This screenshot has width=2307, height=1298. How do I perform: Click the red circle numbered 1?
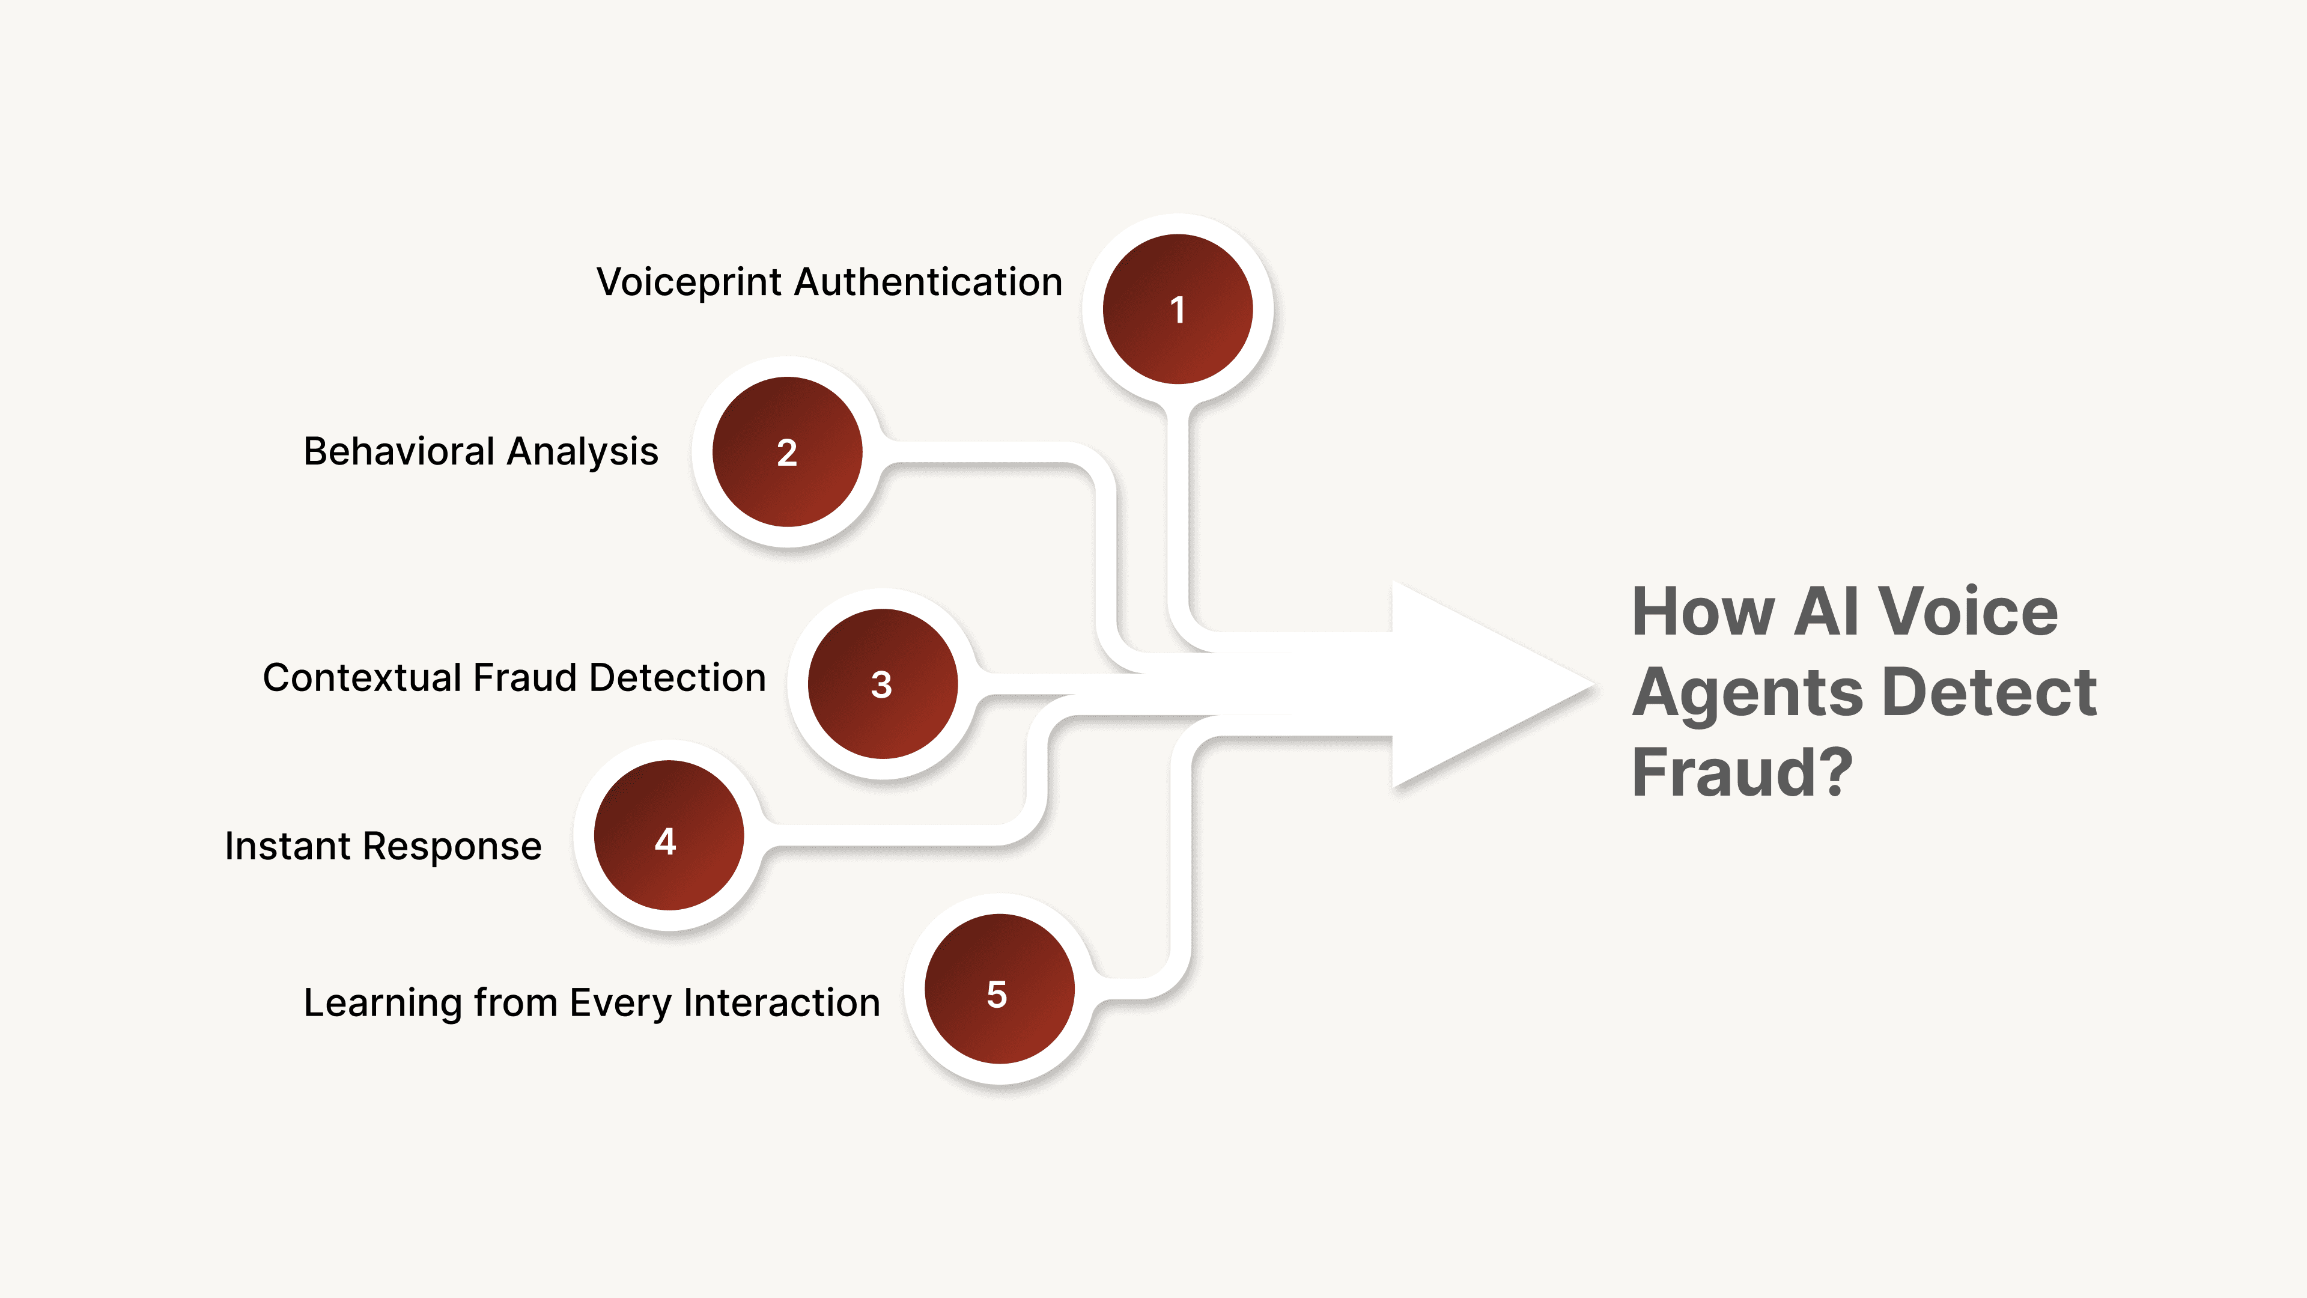pyautogui.click(x=1178, y=309)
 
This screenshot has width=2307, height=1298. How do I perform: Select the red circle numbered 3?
pyautogui.click(x=882, y=684)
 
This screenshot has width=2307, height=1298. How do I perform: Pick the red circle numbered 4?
pyautogui.click(x=668, y=836)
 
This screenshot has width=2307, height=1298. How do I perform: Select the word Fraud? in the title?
pyautogui.click(x=1742, y=772)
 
